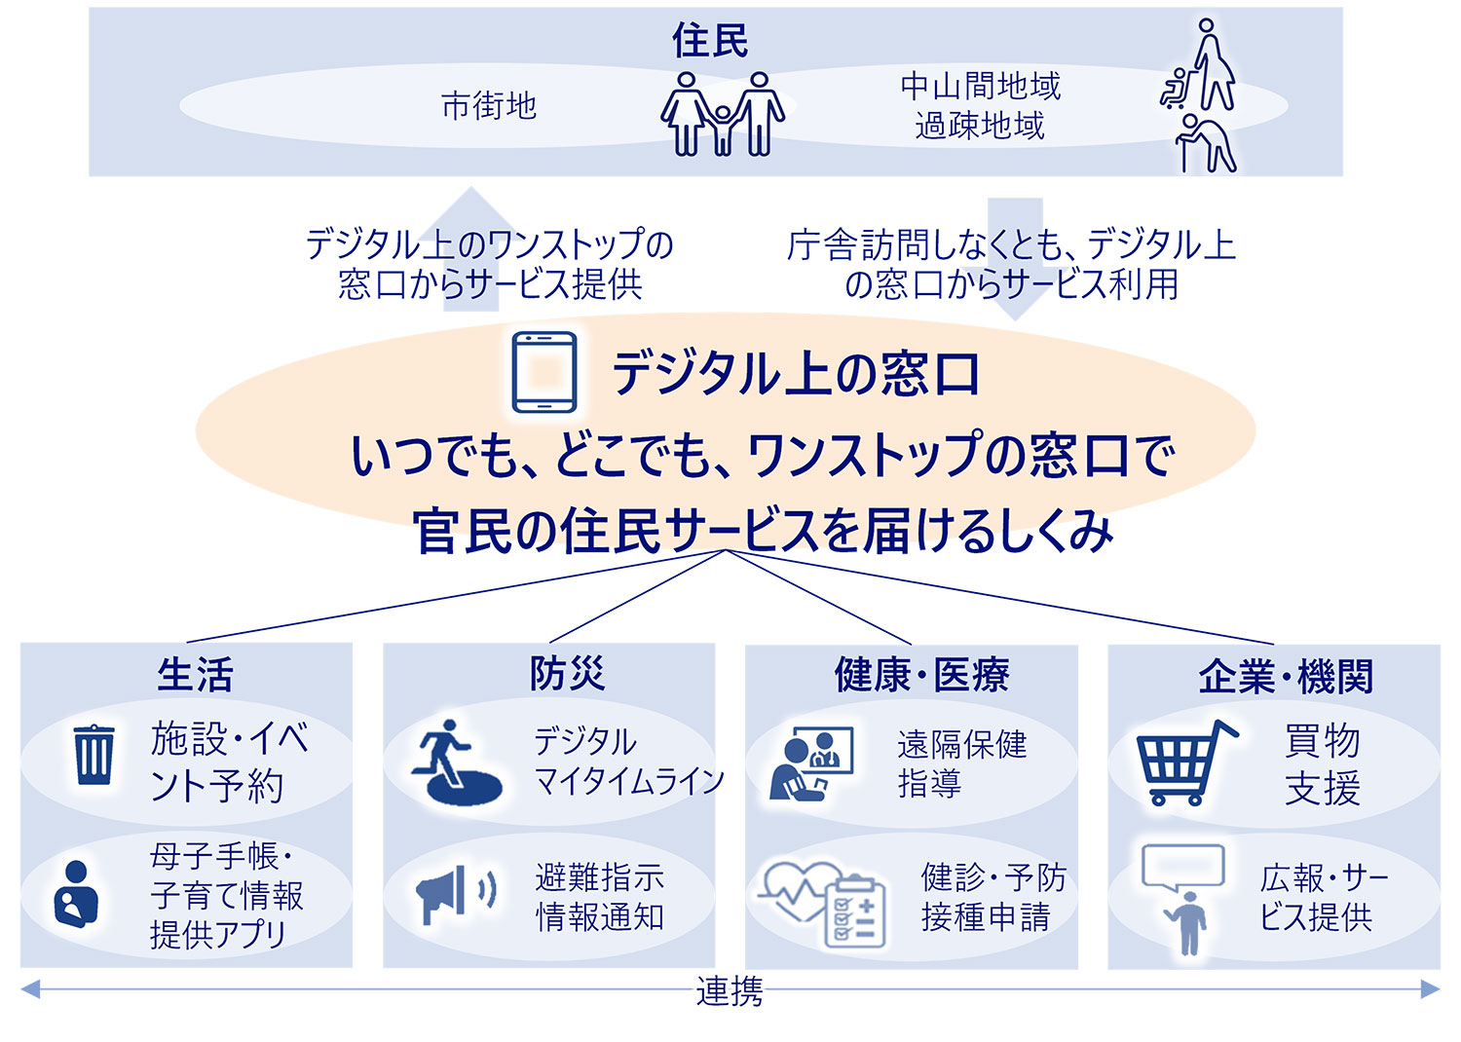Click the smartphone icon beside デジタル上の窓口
(x=543, y=372)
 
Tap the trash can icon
(x=94, y=754)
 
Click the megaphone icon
(x=455, y=893)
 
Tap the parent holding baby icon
(x=76, y=894)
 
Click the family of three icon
(x=722, y=114)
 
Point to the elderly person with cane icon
(x=1206, y=143)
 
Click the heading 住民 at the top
(x=710, y=40)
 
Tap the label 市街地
(x=489, y=105)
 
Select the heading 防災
(x=567, y=674)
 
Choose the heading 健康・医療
(x=921, y=675)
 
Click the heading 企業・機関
(x=1286, y=677)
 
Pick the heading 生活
(x=195, y=674)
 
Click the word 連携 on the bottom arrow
(x=730, y=991)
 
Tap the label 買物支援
(x=1322, y=764)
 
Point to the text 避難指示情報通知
(x=599, y=897)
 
